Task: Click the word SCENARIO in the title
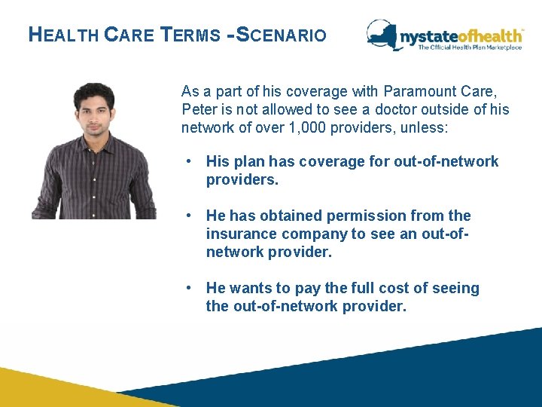[x=282, y=35]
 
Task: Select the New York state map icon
[x=384, y=34]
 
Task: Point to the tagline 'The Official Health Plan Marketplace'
[x=470, y=47]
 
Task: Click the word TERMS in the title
[x=193, y=35]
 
